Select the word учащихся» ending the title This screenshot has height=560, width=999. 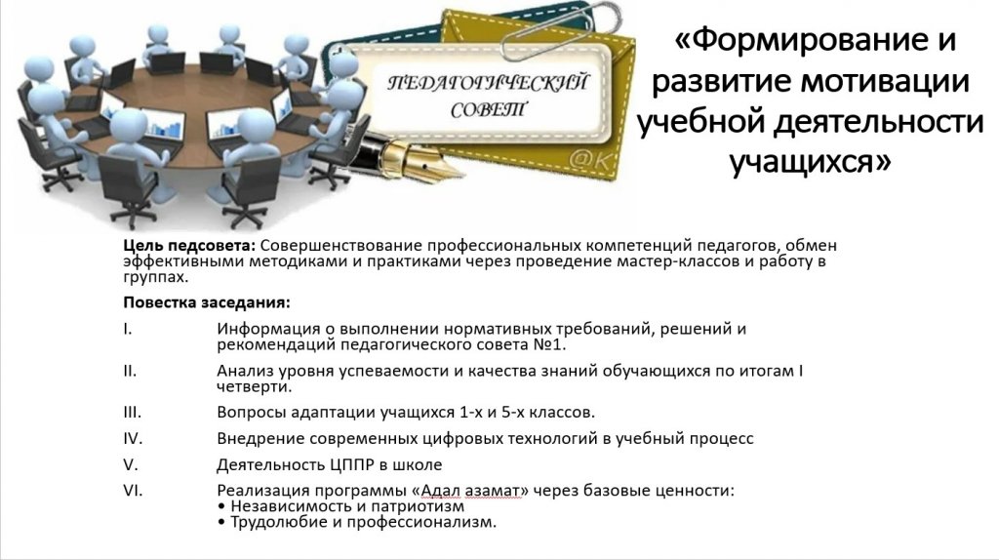coord(810,161)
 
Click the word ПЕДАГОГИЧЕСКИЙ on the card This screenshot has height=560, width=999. coord(489,84)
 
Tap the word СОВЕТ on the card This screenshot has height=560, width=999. coord(488,110)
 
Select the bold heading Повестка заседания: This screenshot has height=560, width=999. coord(207,302)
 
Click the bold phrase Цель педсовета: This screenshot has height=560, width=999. coord(189,245)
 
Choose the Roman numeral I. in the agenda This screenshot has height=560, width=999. coord(128,329)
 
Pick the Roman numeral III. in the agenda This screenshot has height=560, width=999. coord(133,413)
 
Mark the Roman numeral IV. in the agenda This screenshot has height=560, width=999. coord(133,438)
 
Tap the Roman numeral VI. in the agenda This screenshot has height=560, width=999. coord(133,491)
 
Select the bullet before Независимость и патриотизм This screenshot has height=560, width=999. coord(221,506)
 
